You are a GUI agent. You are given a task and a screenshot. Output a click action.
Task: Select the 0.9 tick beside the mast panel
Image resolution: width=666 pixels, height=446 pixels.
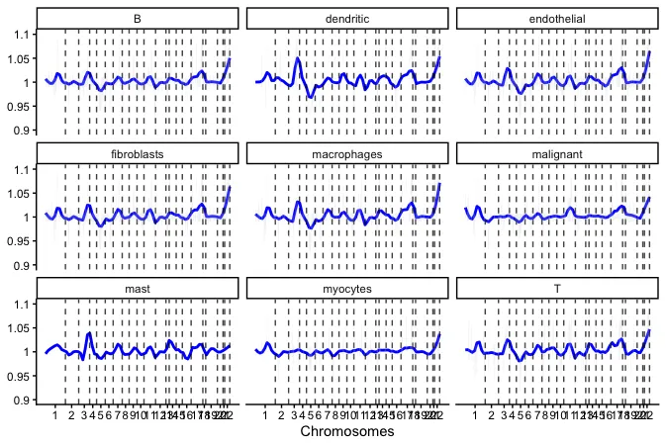click(x=20, y=400)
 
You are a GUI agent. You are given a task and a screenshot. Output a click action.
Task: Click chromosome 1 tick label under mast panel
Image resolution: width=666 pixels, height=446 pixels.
click(x=55, y=412)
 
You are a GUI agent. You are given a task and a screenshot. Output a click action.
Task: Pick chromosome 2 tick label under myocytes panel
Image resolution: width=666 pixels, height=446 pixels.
click(x=281, y=412)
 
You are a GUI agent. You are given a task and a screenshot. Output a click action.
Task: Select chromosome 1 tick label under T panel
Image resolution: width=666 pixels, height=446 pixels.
click(x=475, y=412)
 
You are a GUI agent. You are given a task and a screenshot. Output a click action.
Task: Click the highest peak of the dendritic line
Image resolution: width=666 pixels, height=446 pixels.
click(x=298, y=58)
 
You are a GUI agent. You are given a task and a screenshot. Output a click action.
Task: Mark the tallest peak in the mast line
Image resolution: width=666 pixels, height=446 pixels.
click(x=89, y=334)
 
